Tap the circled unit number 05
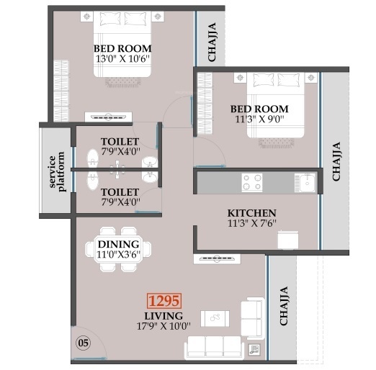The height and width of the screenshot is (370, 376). point(84,343)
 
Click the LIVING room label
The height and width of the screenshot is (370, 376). point(164,315)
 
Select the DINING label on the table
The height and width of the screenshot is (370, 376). point(118,245)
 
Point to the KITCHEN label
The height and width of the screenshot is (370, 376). point(252,213)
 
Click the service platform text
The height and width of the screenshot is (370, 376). point(57,171)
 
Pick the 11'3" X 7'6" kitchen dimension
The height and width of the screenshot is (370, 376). point(252,224)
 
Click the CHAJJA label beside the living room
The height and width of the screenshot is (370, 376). point(285,306)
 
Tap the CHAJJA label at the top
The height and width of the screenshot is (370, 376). point(212,47)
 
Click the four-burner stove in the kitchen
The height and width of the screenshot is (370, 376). point(252,182)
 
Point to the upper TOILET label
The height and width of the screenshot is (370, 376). point(120,141)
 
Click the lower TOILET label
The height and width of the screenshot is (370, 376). point(120,192)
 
